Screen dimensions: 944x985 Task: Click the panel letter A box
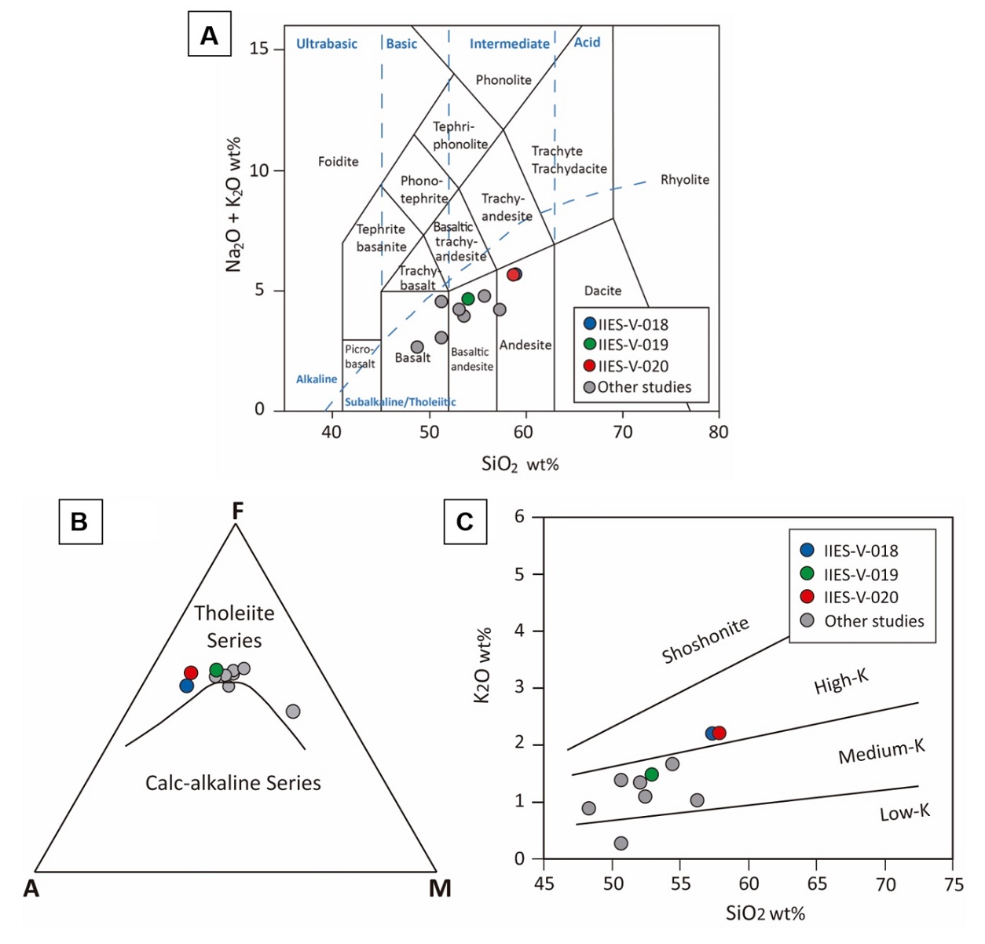(209, 35)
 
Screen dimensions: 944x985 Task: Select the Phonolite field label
(503, 80)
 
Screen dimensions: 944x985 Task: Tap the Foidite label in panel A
(338, 162)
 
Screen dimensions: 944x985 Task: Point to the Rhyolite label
(684, 180)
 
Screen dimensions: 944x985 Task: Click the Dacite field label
(602, 291)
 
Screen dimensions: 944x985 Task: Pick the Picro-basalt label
(360, 357)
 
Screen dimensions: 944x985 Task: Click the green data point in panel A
(468, 298)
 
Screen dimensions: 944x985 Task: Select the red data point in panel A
(513, 275)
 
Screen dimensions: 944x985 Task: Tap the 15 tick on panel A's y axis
(258, 49)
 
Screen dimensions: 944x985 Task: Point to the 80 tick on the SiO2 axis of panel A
(718, 432)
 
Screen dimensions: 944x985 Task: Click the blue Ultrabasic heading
(326, 44)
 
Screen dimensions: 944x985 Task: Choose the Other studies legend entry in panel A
(637, 387)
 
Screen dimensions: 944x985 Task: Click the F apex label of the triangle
(237, 512)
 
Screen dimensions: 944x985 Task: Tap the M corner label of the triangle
(440, 888)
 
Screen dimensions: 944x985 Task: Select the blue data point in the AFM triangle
(186, 686)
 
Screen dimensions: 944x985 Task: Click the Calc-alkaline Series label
(233, 783)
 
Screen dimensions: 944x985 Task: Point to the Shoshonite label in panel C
(705, 640)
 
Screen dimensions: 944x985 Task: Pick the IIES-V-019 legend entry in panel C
(860, 574)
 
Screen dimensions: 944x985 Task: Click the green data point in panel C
(651, 774)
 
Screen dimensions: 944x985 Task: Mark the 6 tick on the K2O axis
(519, 517)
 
